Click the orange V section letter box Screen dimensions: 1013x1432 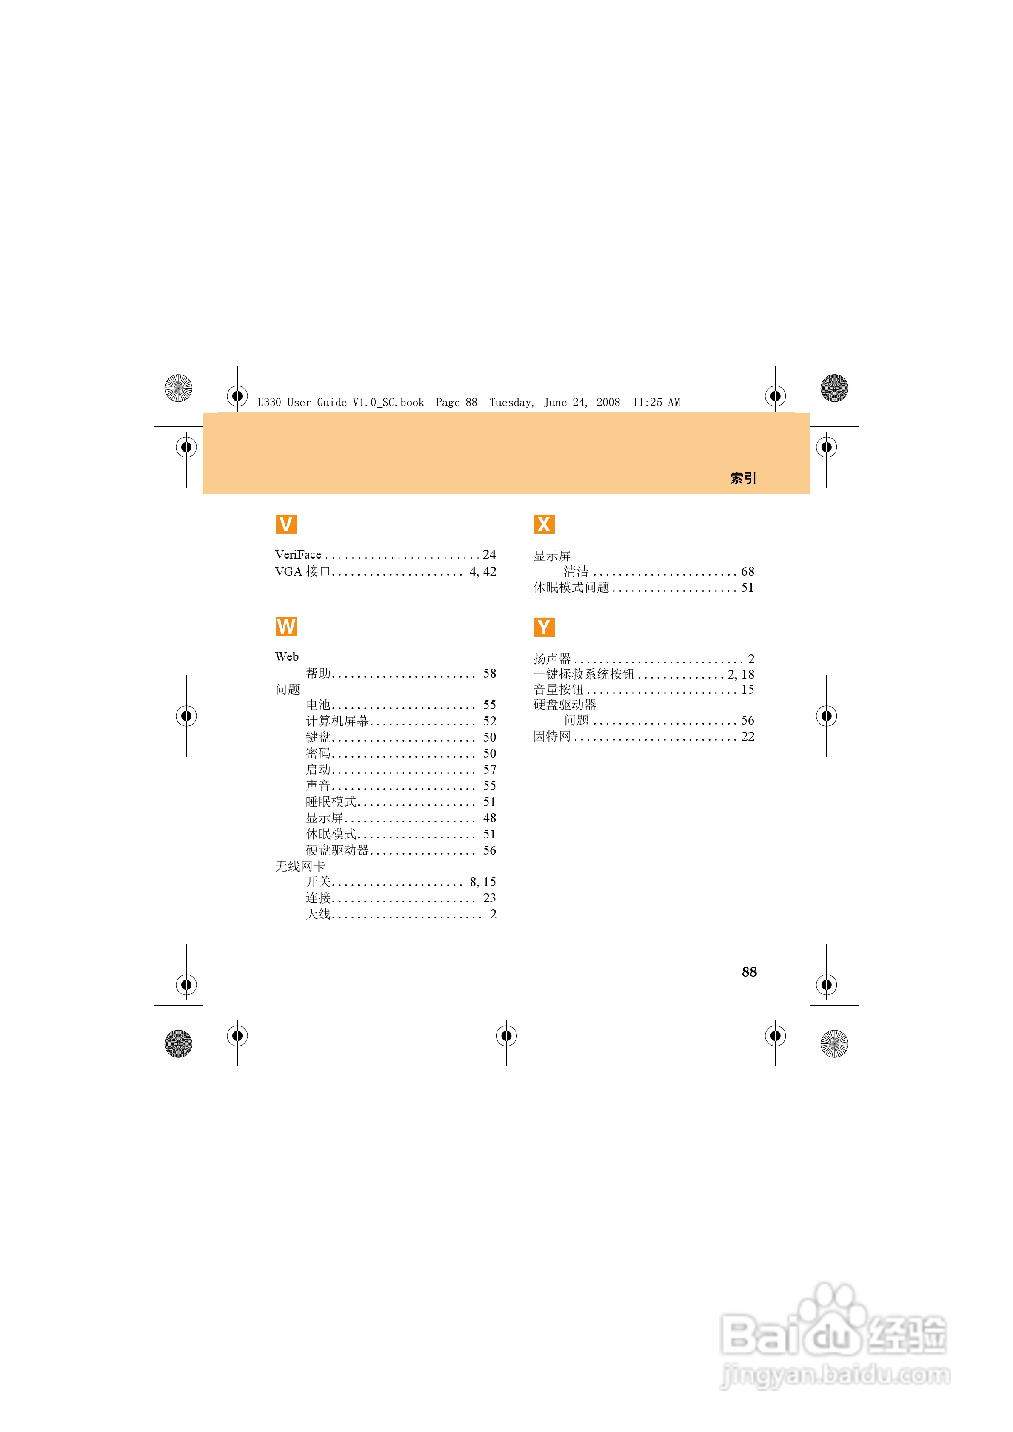pyautogui.click(x=286, y=524)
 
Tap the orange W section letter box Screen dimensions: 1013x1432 pyautogui.click(x=286, y=626)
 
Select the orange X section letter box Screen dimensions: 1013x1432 pyautogui.click(x=544, y=524)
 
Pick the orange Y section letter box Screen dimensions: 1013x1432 pyautogui.click(x=544, y=627)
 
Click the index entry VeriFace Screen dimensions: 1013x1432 pyautogui.click(x=298, y=554)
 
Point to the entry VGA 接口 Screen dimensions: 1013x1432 pyautogui.click(x=303, y=571)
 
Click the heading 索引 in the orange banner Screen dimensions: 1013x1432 pyautogui.click(x=743, y=478)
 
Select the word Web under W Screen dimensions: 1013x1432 pyautogui.click(x=287, y=657)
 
